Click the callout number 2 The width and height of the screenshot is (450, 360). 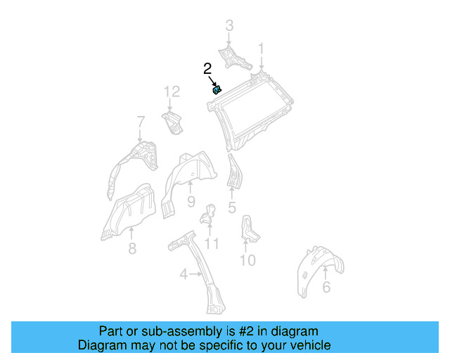[x=207, y=69]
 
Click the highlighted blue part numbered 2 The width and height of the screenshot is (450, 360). [x=217, y=89]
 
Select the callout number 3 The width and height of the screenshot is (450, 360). [x=229, y=27]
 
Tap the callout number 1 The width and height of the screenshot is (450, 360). [x=261, y=49]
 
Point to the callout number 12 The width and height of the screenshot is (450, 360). [x=172, y=91]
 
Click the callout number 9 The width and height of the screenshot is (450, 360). [x=191, y=202]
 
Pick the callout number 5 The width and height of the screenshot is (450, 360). [x=232, y=207]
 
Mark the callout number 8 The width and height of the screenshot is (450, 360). [x=132, y=248]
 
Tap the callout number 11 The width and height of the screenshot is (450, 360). [x=211, y=244]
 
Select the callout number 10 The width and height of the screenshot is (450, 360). [x=247, y=261]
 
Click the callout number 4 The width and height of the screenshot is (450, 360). [x=184, y=275]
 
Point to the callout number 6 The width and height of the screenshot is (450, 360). [x=326, y=287]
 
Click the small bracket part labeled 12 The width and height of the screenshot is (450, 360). [x=172, y=122]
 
